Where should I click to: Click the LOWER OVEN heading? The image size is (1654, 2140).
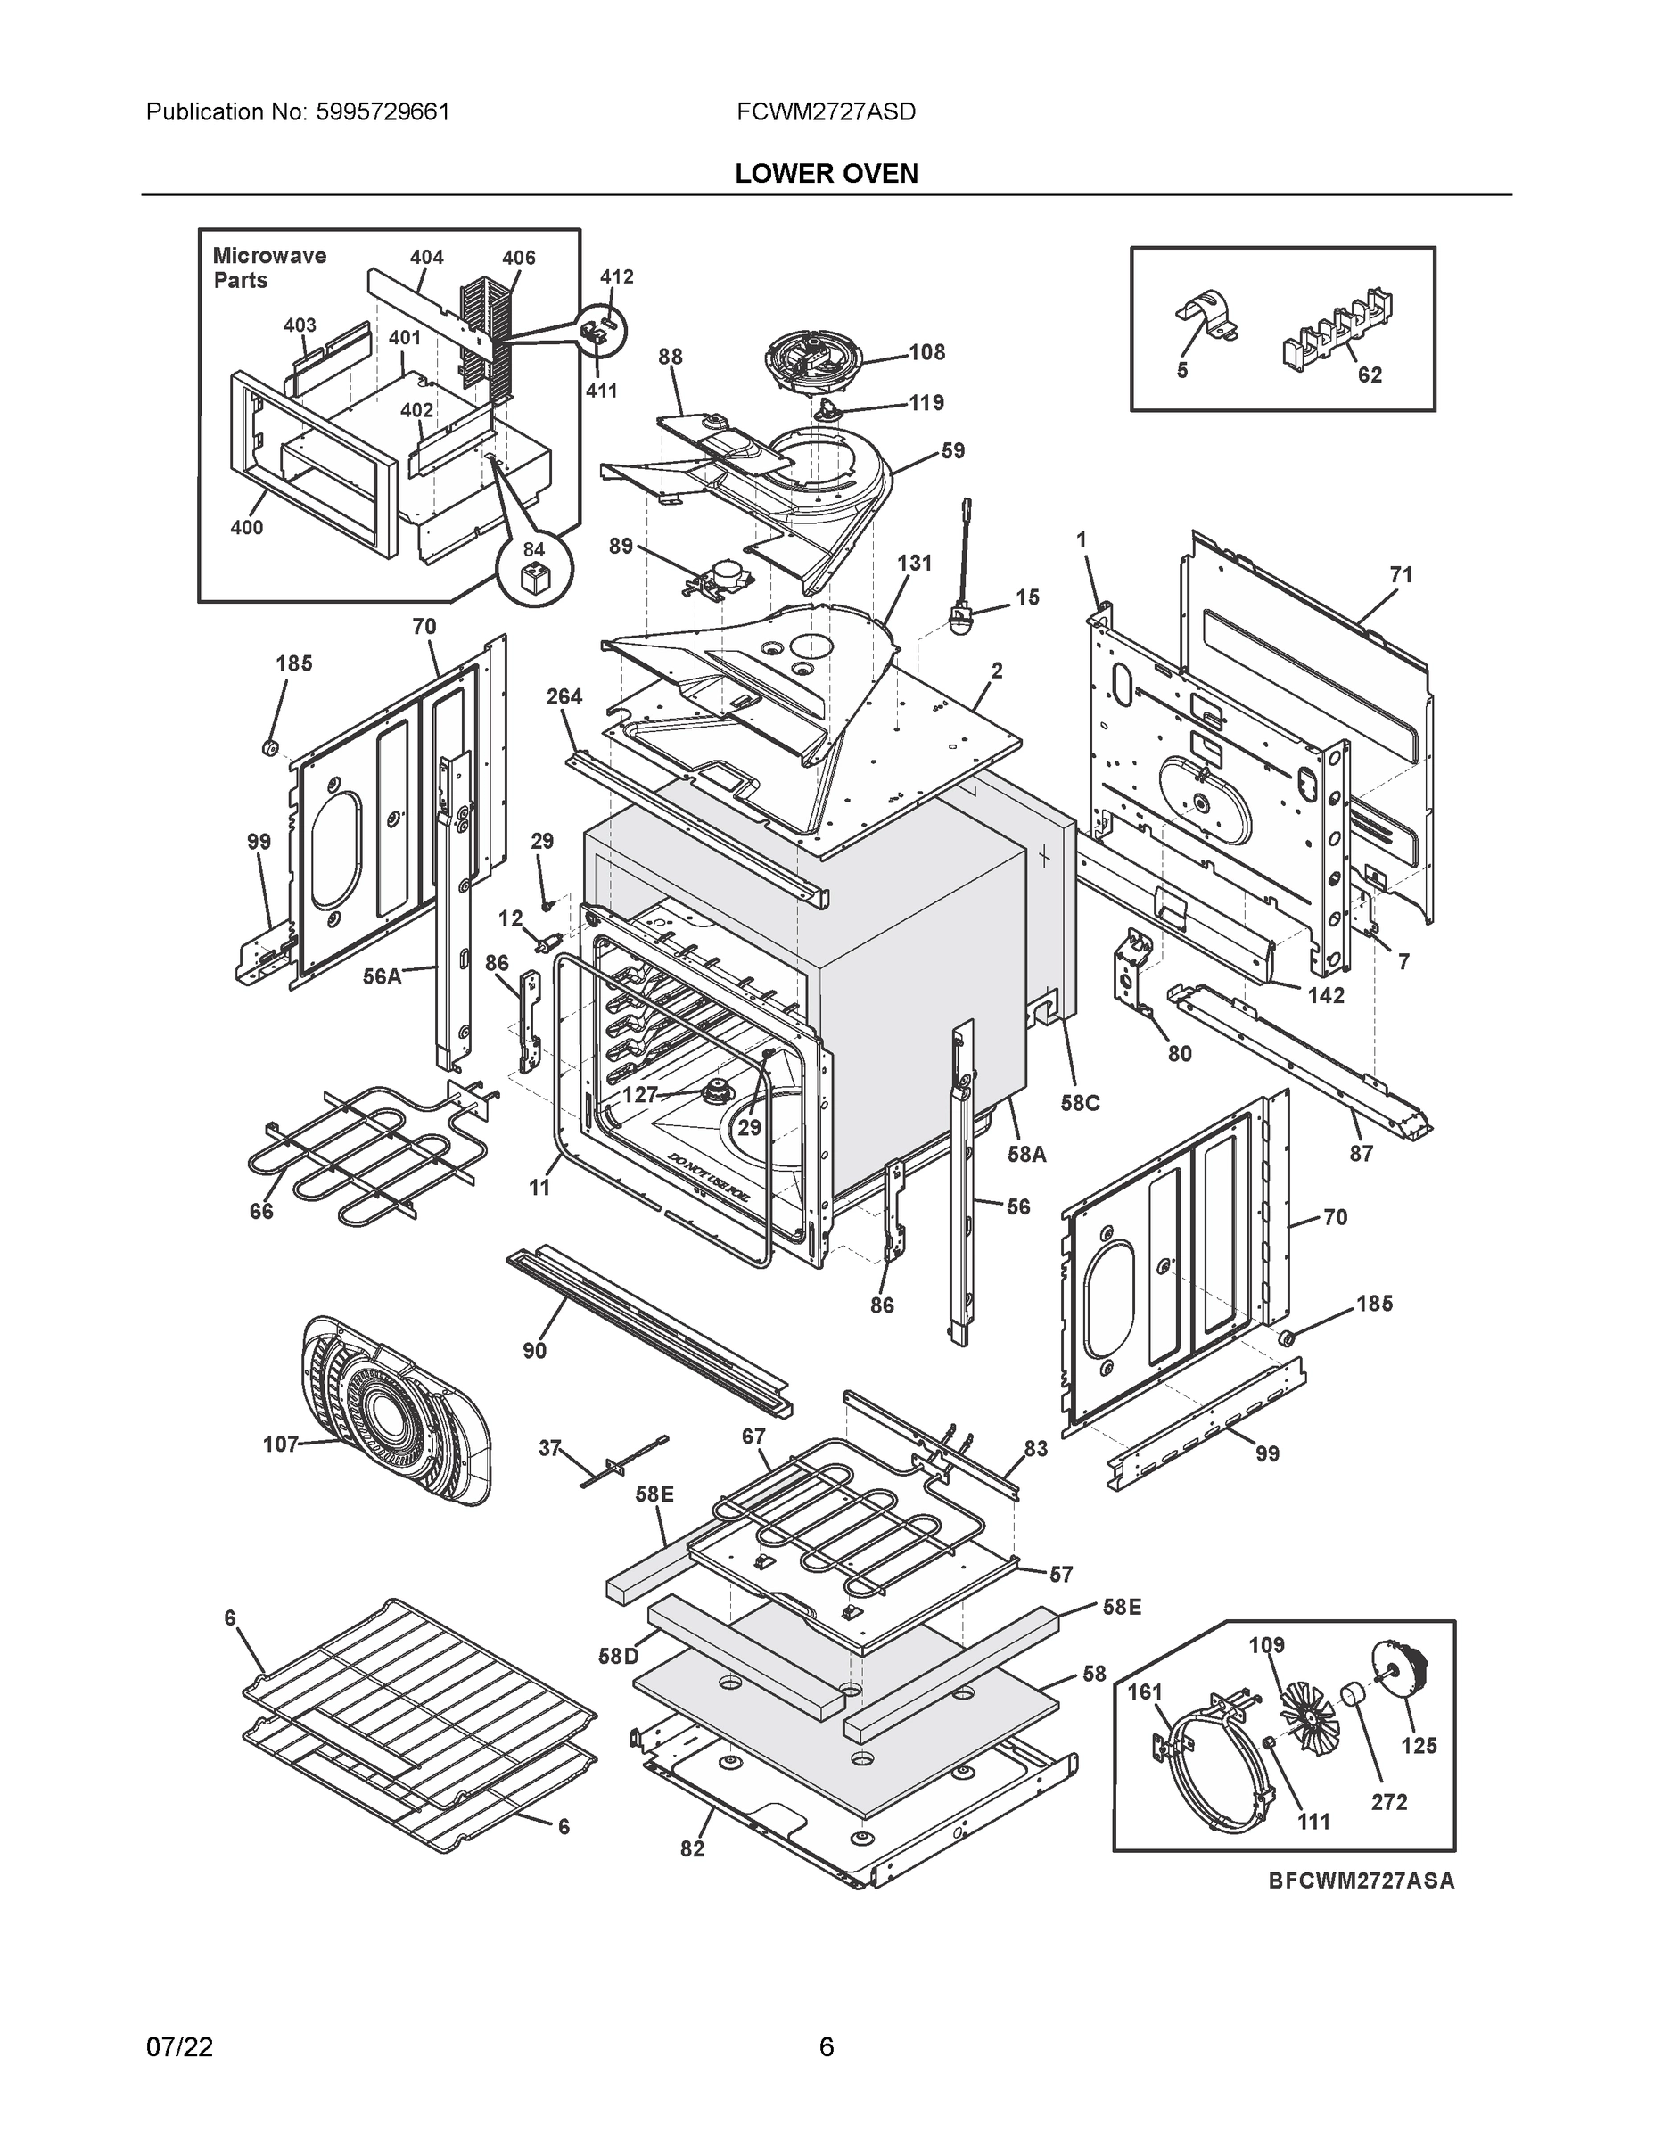(826, 174)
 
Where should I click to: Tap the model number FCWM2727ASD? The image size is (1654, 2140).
(826, 111)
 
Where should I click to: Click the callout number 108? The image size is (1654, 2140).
(926, 352)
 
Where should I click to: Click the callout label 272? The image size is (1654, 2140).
(1388, 1801)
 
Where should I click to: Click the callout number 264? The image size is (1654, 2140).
(564, 695)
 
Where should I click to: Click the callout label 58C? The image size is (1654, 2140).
(1080, 1102)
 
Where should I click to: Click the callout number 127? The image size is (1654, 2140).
(640, 1094)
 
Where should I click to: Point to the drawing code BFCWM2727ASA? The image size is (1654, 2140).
(1361, 1881)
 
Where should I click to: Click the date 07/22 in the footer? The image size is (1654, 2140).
(179, 2046)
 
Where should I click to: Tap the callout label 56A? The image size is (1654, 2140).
(383, 976)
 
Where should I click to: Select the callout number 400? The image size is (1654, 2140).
(247, 527)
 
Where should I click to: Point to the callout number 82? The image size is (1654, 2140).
(692, 1848)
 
